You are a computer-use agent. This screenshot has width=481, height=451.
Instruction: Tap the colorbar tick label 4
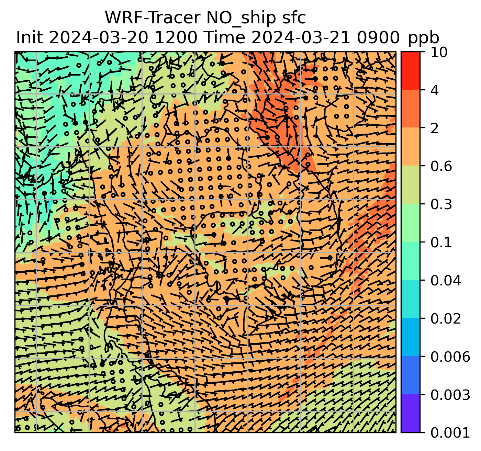(434, 90)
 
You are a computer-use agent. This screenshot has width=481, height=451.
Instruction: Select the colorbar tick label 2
(434, 128)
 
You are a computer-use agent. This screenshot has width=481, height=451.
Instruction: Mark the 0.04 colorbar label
(446, 281)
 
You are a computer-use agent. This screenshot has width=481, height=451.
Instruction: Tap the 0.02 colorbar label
(446, 319)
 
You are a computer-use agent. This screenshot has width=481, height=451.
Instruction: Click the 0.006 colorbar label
(450, 357)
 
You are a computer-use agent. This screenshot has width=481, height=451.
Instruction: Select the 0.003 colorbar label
(450, 395)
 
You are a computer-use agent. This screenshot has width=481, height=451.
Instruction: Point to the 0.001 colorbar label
(450, 433)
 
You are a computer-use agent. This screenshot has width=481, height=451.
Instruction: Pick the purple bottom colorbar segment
(410, 413)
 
